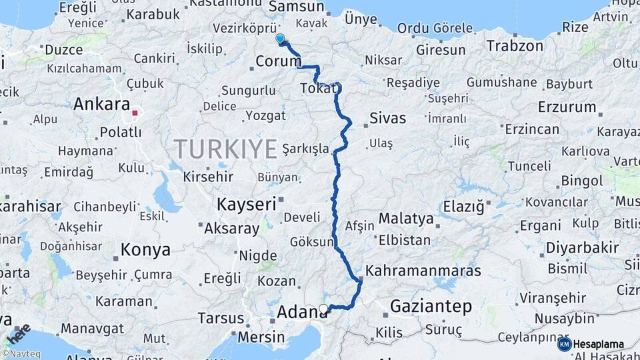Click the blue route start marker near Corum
pos(280,39)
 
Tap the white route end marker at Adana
pos(323,309)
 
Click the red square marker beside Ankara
pos(135,113)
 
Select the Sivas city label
pos(387,119)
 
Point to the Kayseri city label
pos(246,205)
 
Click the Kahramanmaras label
pos(423,272)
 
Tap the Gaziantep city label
pos(431,307)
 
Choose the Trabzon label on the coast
pos(515,46)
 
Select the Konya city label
pos(145,250)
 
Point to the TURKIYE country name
pos(225,149)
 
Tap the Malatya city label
pos(406,219)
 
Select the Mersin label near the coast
pos(261,337)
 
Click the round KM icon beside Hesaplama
pos(564,344)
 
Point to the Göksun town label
pos(311,242)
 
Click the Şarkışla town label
pos(305,148)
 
